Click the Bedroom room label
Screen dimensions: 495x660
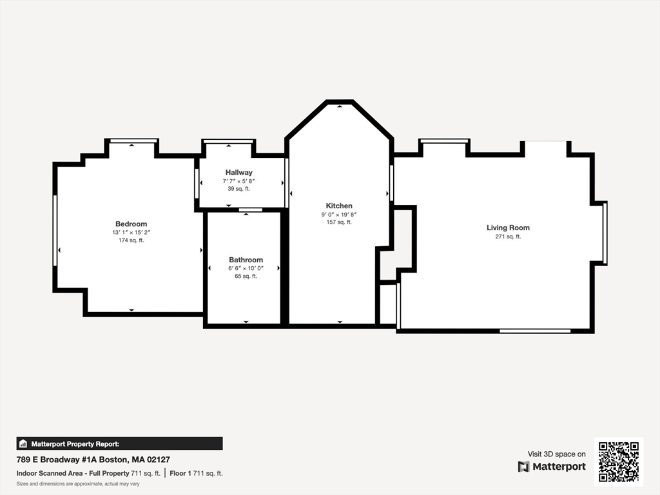tap(131, 224)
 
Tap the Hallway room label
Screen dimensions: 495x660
tap(238, 172)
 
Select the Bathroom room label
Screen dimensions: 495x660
tap(246, 260)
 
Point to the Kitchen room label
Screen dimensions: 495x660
tap(339, 206)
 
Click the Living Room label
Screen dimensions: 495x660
tap(508, 228)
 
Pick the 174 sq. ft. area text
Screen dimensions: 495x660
tap(131, 240)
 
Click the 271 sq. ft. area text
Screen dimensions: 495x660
tap(508, 237)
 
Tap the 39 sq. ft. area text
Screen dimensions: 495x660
tap(238, 189)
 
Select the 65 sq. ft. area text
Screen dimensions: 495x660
tap(246, 276)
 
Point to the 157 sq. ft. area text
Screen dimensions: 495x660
tap(339, 222)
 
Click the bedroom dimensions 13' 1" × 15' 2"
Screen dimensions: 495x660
tap(131, 232)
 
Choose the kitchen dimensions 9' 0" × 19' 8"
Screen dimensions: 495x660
tap(339, 214)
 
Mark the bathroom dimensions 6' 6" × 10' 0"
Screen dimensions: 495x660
tap(246, 268)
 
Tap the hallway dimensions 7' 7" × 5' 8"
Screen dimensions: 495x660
tap(238, 181)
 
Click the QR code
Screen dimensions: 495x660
tap(618, 461)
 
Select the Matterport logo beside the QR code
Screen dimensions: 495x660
tap(552, 467)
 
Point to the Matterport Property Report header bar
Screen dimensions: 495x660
tap(119, 443)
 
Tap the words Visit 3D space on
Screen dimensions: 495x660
tap(556, 454)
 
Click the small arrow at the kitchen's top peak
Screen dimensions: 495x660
tap(340, 105)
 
